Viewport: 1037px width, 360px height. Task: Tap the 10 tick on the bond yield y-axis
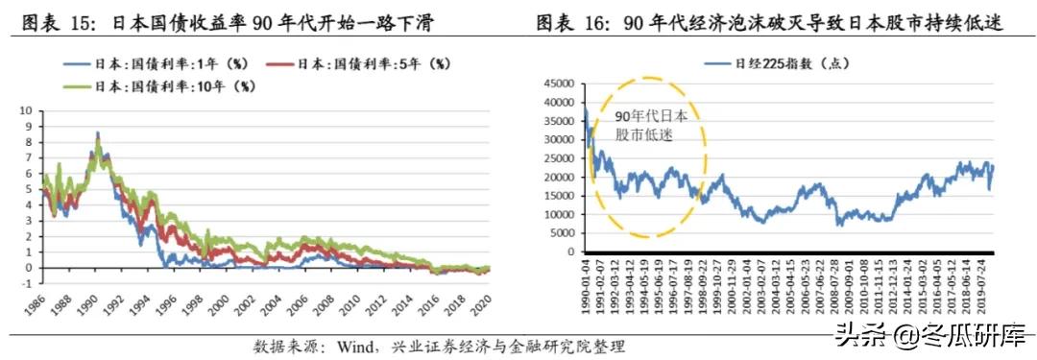tap(25, 110)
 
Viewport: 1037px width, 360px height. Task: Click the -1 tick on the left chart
tap(27, 283)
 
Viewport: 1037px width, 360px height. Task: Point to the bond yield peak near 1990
tap(97, 132)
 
